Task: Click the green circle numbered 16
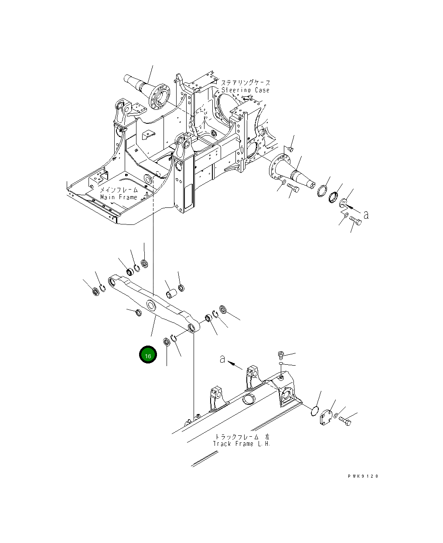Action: coord(148,355)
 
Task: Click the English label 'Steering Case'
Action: coord(245,90)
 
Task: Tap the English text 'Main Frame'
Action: coord(119,197)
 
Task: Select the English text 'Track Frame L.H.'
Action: coord(241,444)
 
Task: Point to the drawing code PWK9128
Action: coord(363,476)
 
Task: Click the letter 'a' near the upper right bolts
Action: coord(366,215)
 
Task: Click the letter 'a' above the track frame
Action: coord(222,359)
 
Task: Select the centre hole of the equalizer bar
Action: coord(151,305)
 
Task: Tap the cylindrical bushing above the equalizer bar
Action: coord(171,294)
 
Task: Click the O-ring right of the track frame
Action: coord(315,411)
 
